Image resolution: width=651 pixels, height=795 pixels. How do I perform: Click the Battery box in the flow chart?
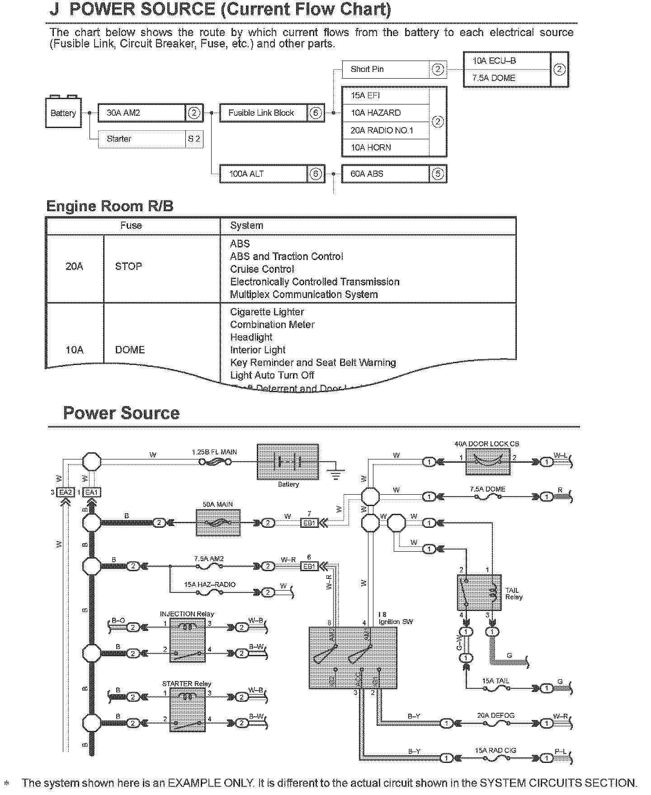63,113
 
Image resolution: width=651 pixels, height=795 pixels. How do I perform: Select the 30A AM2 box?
142,113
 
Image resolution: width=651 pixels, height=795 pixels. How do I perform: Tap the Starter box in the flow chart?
142,139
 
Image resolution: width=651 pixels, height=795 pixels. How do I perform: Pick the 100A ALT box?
263,174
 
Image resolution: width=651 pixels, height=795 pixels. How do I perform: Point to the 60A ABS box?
385,174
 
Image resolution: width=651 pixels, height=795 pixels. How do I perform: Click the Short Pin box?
385,69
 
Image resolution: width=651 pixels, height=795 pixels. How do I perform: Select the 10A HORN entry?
385,147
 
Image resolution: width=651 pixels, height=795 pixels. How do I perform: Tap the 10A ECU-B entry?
506,61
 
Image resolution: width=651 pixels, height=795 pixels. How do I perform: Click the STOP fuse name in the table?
129,266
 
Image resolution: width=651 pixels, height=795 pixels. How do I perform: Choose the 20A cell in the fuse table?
75,266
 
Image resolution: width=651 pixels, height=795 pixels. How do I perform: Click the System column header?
246,226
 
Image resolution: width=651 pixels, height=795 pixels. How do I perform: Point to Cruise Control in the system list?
262,269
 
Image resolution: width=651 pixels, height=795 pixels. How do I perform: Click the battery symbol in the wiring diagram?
288,462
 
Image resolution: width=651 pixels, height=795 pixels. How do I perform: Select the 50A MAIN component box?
218,523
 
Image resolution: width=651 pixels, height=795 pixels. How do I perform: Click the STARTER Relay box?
188,710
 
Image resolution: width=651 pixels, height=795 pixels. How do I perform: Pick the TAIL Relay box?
480,593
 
